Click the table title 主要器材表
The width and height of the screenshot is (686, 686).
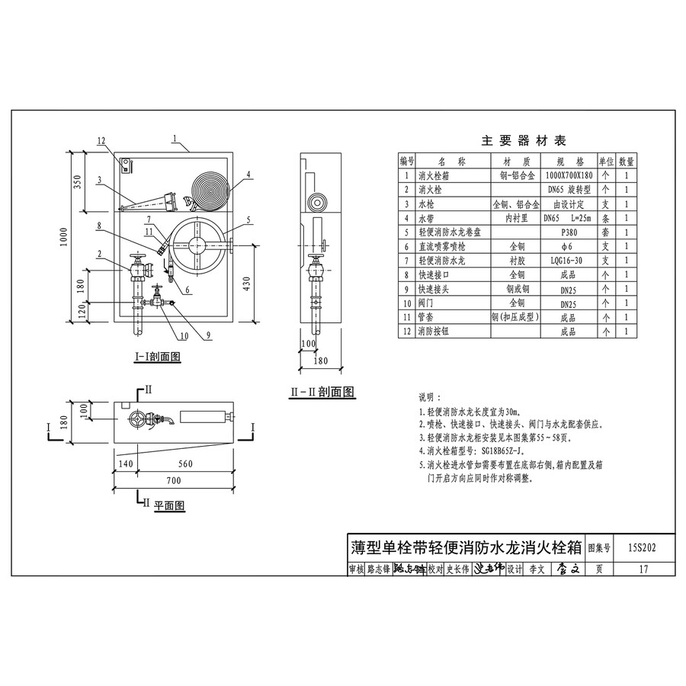coord(524,141)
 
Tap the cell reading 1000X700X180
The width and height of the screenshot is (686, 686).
coord(568,175)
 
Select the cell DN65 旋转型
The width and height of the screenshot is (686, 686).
coord(568,189)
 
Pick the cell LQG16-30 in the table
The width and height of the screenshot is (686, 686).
coord(568,261)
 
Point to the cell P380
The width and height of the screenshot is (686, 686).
coord(568,232)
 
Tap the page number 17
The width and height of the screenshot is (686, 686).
coord(643,568)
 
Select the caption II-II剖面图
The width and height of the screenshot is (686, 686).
coord(322,392)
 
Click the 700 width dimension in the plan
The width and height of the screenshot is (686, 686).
coord(173,481)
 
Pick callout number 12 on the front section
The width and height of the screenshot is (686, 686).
coord(103,140)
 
